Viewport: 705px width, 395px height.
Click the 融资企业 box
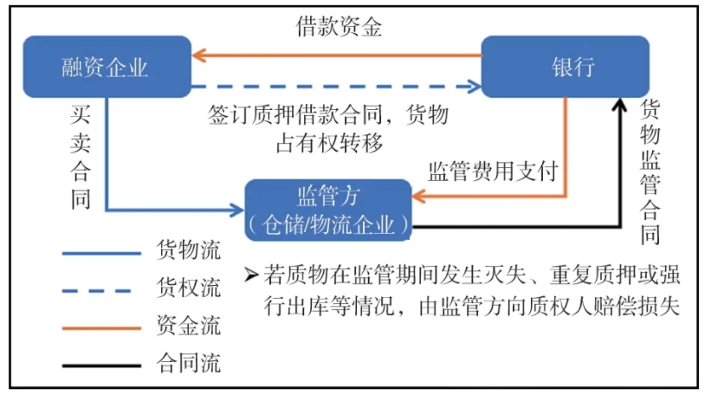(106, 67)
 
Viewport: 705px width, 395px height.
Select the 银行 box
(565, 67)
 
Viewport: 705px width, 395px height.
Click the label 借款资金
(339, 26)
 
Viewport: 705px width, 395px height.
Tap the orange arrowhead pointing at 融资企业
(198, 55)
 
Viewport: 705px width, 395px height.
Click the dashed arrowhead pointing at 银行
(475, 86)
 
